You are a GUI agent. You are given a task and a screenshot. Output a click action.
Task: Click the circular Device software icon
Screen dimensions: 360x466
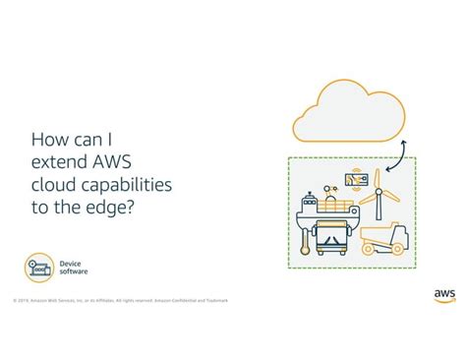tap(39, 267)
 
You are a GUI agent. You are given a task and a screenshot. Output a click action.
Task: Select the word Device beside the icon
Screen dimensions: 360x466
tap(70, 263)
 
